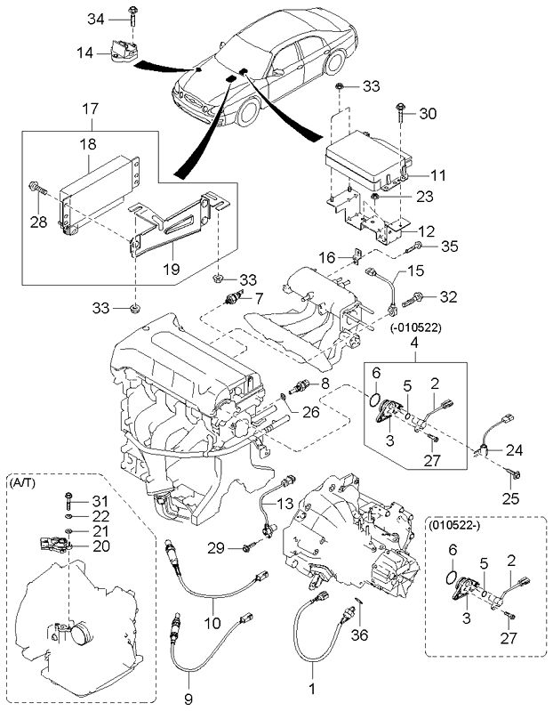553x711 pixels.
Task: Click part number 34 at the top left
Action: click(x=96, y=18)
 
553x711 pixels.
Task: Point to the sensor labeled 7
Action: click(x=234, y=297)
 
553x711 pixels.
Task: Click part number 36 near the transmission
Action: click(x=359, y=636)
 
